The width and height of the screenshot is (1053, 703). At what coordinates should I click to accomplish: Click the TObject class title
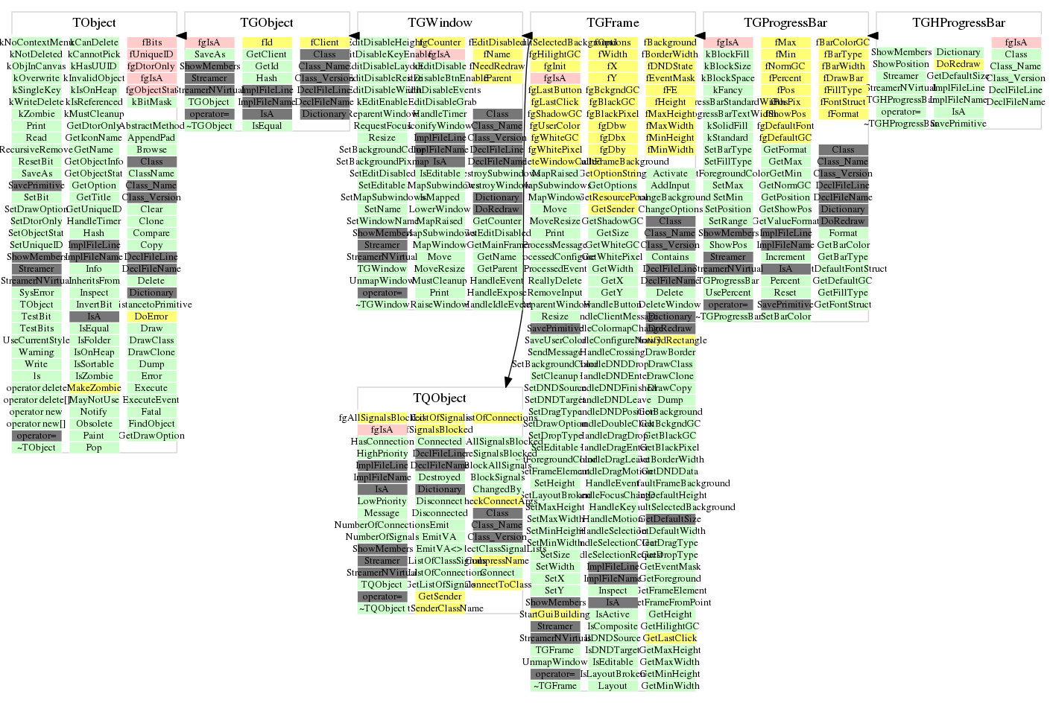[94, 23]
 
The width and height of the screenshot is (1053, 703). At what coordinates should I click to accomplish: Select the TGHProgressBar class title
[958, 23]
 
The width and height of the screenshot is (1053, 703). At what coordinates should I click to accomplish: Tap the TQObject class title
[440, 398]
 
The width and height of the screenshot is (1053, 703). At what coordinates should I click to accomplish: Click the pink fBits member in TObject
[151, 42]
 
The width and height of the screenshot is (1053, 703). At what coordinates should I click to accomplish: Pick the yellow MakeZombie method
[94, 388]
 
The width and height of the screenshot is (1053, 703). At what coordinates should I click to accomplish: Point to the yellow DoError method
[151, 316]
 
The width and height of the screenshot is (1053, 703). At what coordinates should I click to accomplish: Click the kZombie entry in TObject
[37, 114]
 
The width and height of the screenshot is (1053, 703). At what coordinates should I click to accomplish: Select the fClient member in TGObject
[324, 42]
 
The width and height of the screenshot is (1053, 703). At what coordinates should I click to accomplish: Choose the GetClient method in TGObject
[267, 54]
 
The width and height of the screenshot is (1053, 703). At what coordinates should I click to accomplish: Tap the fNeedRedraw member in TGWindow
[497, 66]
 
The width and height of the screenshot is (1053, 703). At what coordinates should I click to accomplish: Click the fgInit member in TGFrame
[554, 66]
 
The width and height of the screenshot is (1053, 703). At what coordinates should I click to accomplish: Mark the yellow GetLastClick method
[670, 638]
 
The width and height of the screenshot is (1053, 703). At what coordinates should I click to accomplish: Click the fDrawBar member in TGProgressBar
[844, 78]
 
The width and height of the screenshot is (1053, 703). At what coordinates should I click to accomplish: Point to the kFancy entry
[727, 90]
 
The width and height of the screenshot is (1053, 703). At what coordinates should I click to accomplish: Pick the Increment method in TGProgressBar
[785, 257]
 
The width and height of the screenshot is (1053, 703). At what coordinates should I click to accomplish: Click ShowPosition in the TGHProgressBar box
[901, 64]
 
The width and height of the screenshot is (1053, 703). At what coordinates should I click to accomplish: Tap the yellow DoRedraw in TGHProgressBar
[958, 64]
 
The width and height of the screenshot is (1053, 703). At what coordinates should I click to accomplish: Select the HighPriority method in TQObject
[382, 454]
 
